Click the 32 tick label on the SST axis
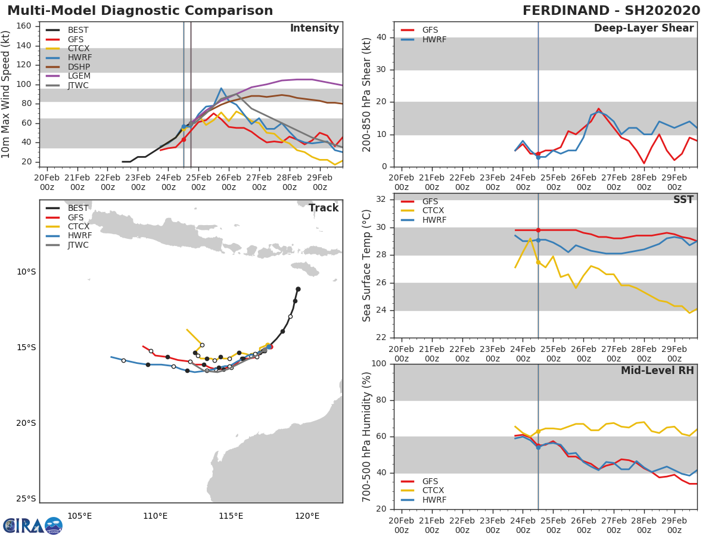click(x=381, y=200)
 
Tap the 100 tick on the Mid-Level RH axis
click(x=378, y=364)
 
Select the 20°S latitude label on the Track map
click(x=26, y=423)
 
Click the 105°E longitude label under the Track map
click(x=79, y=516)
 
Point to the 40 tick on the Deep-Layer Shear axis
click(x=381, y=38)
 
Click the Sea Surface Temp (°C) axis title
click(x=367, y=265)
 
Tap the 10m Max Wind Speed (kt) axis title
click(x=7, y=94)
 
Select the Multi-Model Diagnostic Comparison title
click(x=140, y=11)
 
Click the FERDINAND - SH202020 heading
click(x=611, y=11)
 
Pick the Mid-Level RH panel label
click(x=657, y=370)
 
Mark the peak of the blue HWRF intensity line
click(x=221, y=88)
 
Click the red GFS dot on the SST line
click(x=538, y=230)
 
